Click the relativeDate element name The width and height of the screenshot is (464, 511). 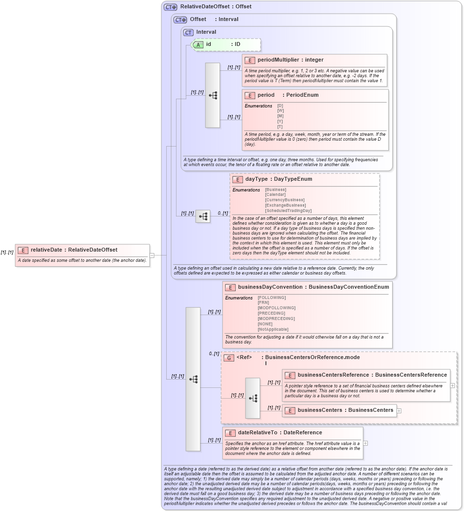(46, 250)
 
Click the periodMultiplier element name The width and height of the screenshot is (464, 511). (278, 60)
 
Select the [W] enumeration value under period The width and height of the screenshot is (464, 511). (280, 111)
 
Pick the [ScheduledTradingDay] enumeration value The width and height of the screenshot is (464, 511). (288, 211)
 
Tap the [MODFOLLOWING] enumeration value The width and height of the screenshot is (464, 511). (276, 308)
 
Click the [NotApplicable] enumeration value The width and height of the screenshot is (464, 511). (273, 329)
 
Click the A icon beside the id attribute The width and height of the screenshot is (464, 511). (199, 44)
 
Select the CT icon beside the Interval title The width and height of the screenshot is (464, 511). (188, 32)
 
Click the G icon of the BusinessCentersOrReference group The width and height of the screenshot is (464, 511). (228, 358)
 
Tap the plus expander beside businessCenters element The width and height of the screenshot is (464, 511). (399, 410)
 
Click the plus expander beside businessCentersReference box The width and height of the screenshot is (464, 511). (452, 385)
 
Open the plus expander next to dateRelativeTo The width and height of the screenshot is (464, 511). (365, 443)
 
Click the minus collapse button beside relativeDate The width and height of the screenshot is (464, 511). (152, 255)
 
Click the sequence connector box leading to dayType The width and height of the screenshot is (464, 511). (203, 216)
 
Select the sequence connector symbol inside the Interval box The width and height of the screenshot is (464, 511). (213, 95)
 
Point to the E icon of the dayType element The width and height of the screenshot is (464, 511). (238, 179)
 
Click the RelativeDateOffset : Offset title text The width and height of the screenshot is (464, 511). (216, 7)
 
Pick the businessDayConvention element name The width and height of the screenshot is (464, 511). (270, 287)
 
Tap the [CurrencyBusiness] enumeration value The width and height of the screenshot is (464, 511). (285, 200)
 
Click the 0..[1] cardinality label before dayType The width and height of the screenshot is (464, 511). (222, 213)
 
